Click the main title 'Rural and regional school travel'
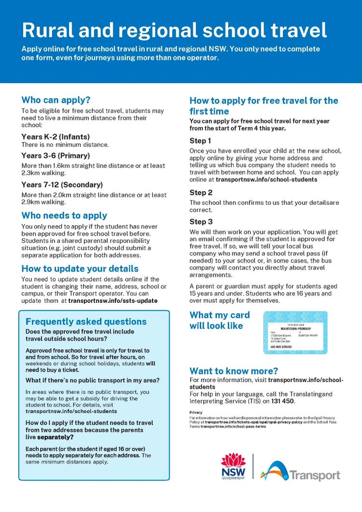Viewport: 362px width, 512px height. [x=174, y=30]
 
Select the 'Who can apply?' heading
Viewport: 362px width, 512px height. [x=56, y=100]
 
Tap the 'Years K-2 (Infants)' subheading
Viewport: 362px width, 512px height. [x=56, y=137]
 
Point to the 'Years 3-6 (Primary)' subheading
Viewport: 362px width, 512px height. [x=56, y=156]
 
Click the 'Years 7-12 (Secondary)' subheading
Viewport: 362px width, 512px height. [x=62, y=185]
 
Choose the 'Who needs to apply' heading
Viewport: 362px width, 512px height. [x=64, y=215]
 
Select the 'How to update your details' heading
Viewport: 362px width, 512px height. [x=80, y=269]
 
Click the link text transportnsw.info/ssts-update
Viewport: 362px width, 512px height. [x=112, y=300]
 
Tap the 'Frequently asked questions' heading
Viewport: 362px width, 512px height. [x=86, y=322]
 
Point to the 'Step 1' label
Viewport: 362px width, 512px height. [x=200, y=141]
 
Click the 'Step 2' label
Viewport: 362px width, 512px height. [x=201, y=193]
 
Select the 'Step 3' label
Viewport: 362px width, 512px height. [x=201, y=222]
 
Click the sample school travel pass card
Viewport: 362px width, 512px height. [x=295, y=332]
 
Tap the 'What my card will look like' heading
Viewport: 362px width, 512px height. [x=220, y=320]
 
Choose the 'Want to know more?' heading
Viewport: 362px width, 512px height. [x=234, y=371]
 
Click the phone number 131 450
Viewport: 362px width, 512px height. [x=284, y=401]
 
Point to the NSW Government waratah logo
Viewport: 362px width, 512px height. [x=233, y=466]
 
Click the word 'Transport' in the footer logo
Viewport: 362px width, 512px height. [x=315, y=475]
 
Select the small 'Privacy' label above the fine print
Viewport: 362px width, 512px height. [x=196, y=412]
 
